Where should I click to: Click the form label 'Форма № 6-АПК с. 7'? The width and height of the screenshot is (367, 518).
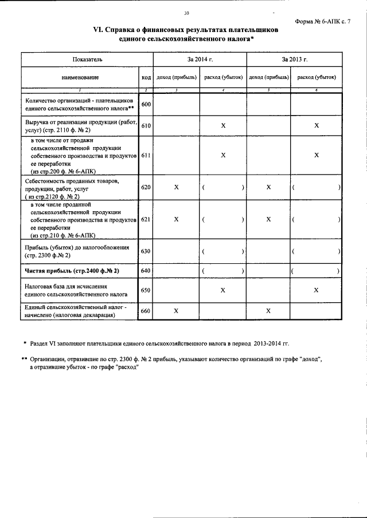[323, 21]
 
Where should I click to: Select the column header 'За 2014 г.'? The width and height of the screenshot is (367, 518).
[200, 60]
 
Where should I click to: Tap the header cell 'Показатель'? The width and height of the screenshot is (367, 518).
[87, 60]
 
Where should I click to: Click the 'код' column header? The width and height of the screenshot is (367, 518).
[146, 77]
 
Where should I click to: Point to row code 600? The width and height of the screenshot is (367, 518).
[146, 104]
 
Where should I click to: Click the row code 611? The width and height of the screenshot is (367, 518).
[146, 155]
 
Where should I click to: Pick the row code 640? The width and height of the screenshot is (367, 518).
[146, 271]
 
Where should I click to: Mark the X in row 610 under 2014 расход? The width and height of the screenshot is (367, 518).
[223, 125]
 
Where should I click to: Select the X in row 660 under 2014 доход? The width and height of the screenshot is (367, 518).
[177, 310]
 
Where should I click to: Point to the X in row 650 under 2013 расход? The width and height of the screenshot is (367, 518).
[316, 291]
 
